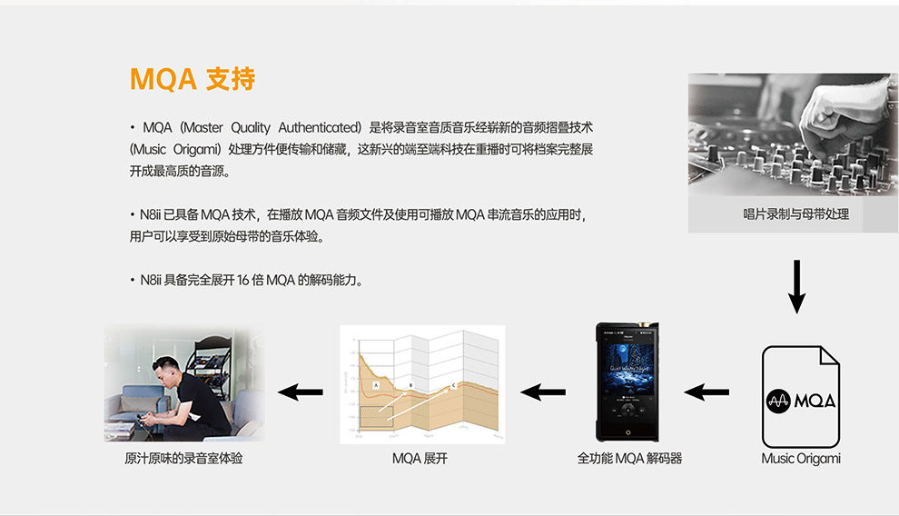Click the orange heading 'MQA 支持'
click(x=193, y=79)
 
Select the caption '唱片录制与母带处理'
click(x=795, y=215)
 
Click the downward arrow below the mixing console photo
click(x=796, y=286)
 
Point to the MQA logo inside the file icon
click(x=800, y=401)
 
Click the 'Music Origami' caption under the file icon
click(x=800, y=459)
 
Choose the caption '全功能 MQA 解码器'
click(x=629, y=459)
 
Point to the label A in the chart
click(x=375, y=386)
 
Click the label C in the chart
click(x=453, y=386)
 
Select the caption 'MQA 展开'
click(x=420, y=459)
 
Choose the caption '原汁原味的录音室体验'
click(x=183, y=459)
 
